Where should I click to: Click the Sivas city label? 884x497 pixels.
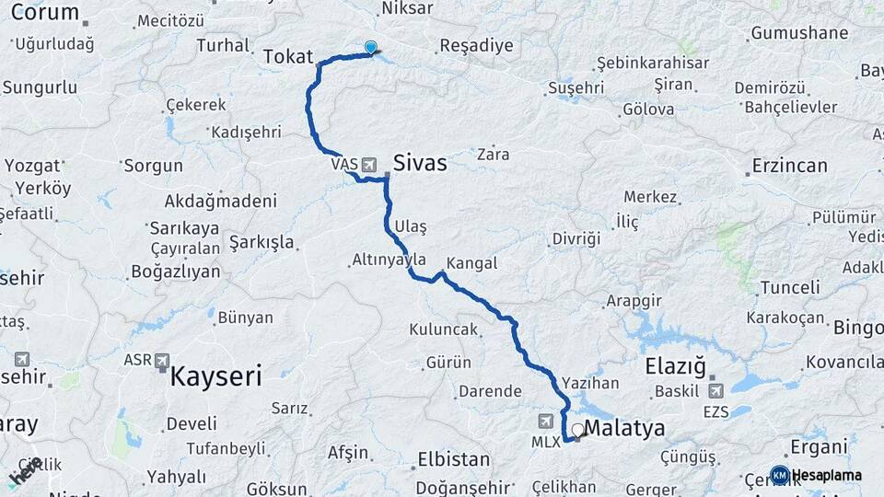pos(420,164)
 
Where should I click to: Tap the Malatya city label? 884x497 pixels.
pos(624,428)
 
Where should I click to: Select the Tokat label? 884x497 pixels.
pos(288,56)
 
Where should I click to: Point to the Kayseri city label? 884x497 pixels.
pos(216,375)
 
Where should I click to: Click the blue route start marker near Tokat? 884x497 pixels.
pos(370,47)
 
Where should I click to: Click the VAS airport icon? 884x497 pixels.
pos(369,165)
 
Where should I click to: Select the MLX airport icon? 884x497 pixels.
pos(546,422)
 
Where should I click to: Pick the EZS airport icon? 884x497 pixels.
pos(715,390)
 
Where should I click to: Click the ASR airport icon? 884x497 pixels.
pos(162,360)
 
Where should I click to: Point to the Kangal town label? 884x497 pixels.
pos(471,263)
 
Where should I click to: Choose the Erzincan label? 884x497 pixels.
pos(789,166)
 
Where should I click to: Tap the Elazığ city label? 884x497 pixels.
pos(675,364)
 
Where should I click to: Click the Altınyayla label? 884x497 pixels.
pos(389,260)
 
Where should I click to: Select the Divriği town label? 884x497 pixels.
pos(576,238)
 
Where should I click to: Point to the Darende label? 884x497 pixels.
pos(490,390)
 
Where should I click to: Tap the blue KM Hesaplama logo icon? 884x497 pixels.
pos(779,475)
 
